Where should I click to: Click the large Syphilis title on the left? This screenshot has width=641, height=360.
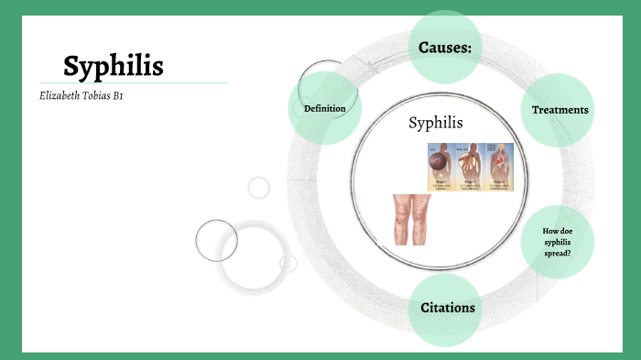pos(114,66)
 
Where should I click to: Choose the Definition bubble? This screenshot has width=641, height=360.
pos(324,109)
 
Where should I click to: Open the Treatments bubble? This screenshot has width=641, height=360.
pos(560,110)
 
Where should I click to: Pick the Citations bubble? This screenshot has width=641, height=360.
pos(447,308)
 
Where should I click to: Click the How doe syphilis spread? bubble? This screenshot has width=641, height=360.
pos(557,241)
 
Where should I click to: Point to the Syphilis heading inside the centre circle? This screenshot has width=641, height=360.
pos(436,123)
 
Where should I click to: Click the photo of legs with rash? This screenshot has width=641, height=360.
pos(412,219)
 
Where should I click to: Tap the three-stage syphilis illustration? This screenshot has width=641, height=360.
pos(470,167)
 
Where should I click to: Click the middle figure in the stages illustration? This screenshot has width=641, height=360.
pos(470,167)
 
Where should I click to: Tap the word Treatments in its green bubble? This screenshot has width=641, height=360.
pos(560,110)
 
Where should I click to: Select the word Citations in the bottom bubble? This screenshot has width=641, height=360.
pos(447,308)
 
